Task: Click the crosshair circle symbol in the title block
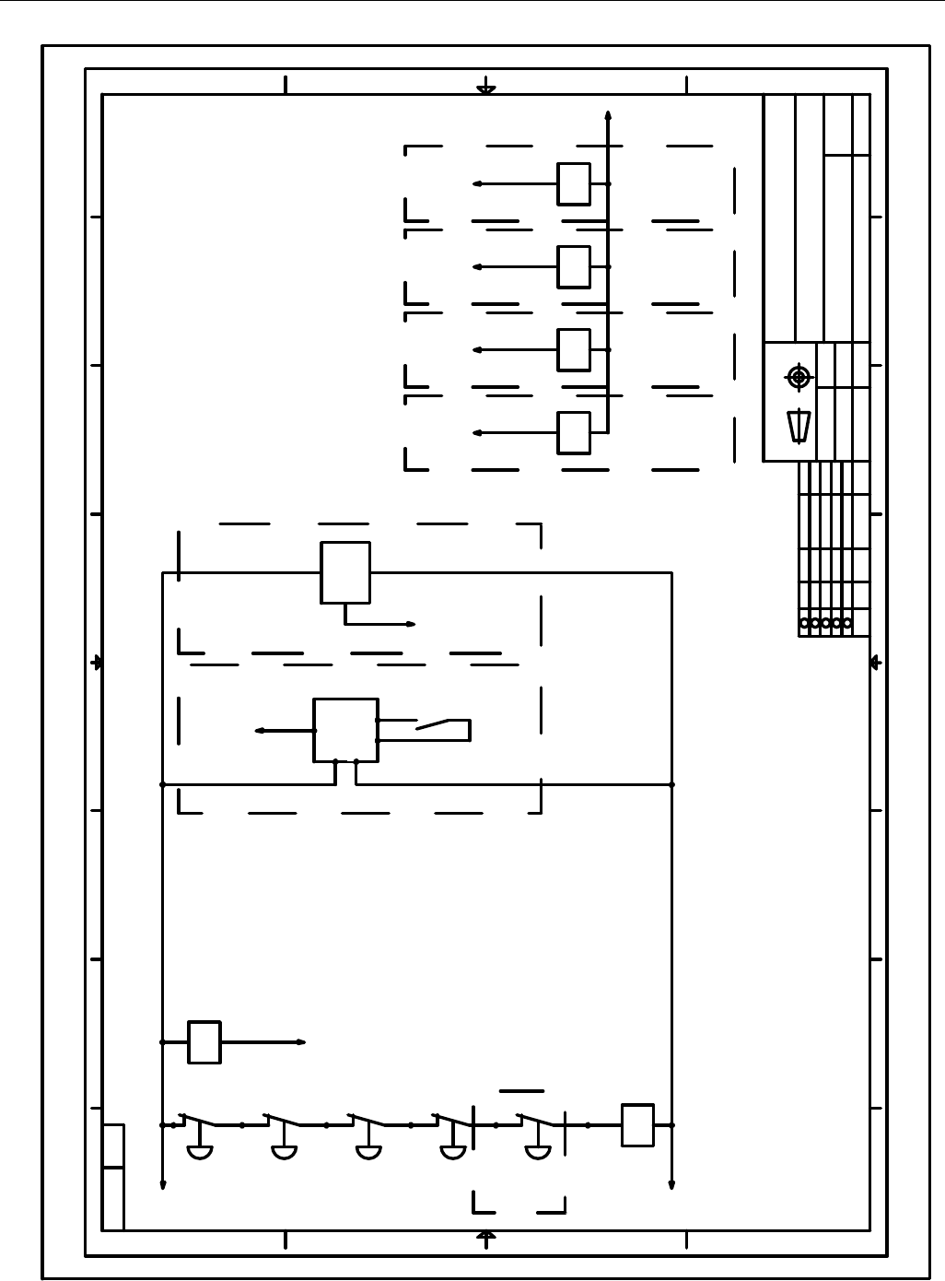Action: coord(799,377)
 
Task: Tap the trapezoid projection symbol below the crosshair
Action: coord(799,427)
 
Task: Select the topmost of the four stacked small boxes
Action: coord(574,183)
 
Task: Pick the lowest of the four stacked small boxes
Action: coord(574,432)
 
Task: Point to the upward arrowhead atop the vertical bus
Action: coord(608,115)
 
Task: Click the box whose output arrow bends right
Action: coord(345,572)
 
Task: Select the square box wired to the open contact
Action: coord(345,730)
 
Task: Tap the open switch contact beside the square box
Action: coord(432,725)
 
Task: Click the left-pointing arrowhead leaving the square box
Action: coord(260,731)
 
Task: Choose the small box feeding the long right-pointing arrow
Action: coord(204,1042)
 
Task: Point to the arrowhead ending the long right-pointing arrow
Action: coord(301,1042)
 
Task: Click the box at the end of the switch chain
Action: coord(637,1125)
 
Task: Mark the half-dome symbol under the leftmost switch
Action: coord(200,1151)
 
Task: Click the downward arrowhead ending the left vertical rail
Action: coord(163,1185)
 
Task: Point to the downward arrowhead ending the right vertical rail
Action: coord(671,1185)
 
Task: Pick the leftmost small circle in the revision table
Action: coord(804,623)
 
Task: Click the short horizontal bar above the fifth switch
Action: coord(521,1091)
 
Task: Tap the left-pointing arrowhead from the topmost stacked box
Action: coord(477,183)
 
